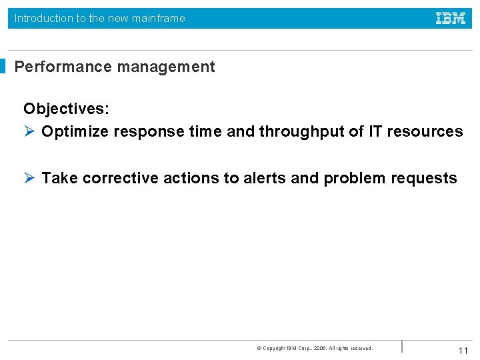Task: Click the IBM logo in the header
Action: (x=451, y=19)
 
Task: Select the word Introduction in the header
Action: (x=43, y=19)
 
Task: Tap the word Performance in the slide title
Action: (x=59, y=67)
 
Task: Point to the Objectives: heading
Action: (x=66, y=109)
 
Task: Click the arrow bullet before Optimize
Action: (x=29, y=131)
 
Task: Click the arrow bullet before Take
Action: (x=29, y=178)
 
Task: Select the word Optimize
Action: (x=75, y=131)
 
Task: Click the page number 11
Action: (x=463, y=351)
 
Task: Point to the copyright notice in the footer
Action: (x=315, y=348)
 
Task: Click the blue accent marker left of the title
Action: (x=3, y=67)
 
